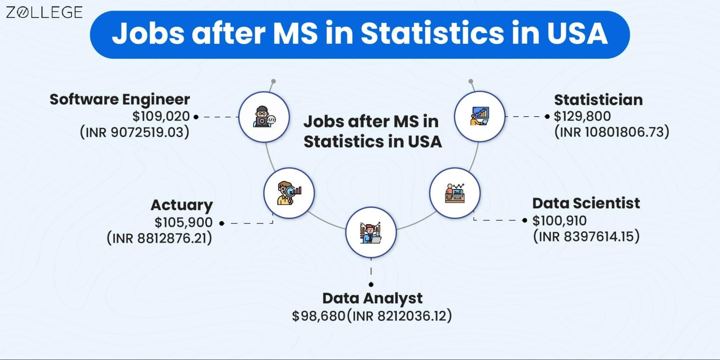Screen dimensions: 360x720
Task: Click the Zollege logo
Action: point(44,13)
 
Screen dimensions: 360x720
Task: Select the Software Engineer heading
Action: point(120,99)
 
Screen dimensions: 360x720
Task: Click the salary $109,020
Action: point(161,116)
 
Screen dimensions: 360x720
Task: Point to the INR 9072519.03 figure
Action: point(135,132)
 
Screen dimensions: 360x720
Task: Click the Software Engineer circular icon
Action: point(264,117)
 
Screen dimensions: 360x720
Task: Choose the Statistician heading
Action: point(598,100)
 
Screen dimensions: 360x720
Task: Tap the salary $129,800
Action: point(582,116)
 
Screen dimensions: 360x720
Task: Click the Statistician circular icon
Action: point(479,116)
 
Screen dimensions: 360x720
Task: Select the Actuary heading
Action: point(182,205)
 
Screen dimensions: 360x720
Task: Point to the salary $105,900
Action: point(183,222)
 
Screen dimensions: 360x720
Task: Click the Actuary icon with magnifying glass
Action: point(289,193)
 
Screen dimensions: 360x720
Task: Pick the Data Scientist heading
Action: point(586,203)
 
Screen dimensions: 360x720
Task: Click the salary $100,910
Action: point(559,220)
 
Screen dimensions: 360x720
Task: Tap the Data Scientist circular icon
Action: point(455,193)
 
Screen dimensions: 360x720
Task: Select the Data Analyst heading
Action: point(372,298)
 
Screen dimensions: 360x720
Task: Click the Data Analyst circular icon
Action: point(371,233)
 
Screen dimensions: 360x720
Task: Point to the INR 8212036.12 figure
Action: point(399,316)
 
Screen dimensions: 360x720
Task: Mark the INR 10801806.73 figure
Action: point(612,132)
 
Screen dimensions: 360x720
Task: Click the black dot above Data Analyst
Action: point(371,284)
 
